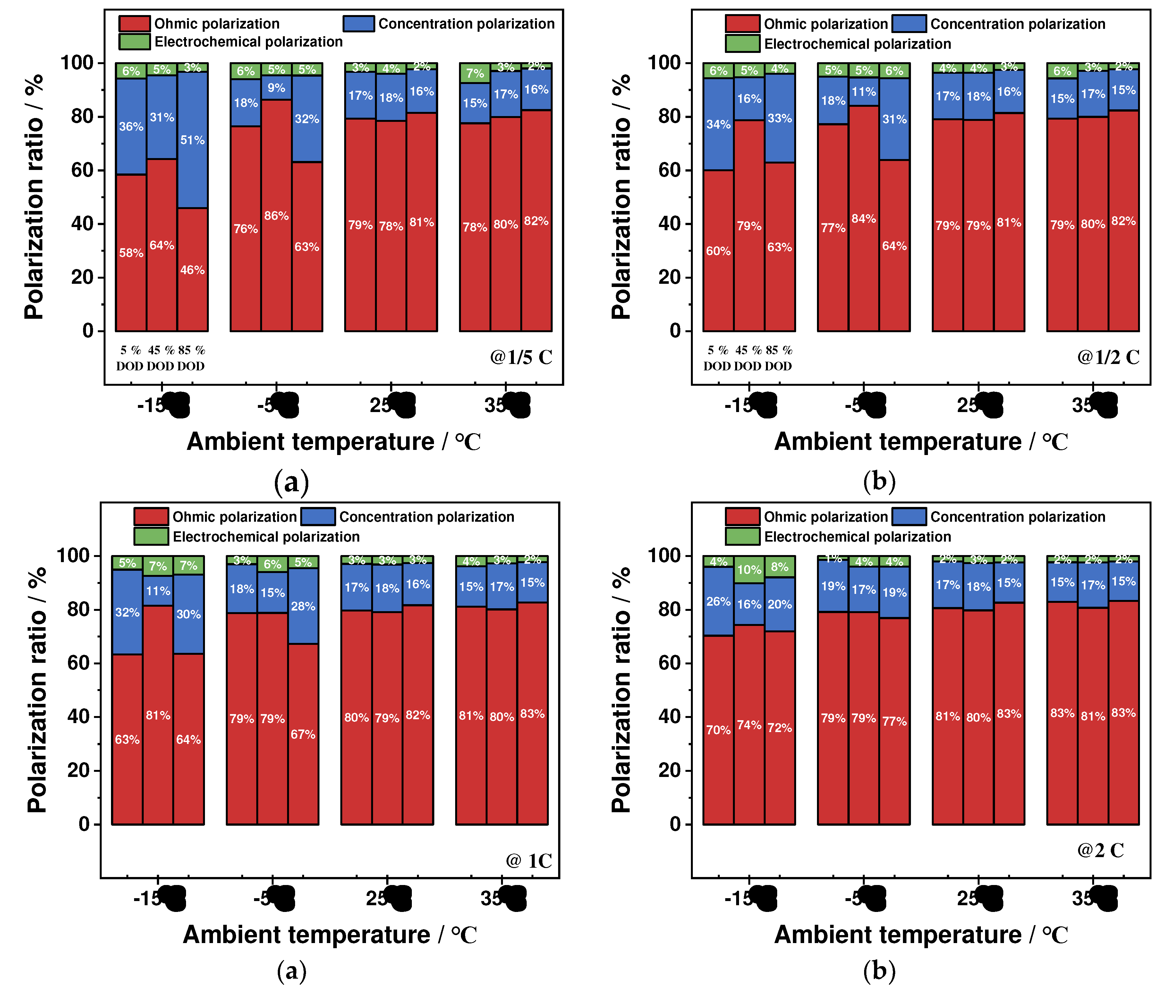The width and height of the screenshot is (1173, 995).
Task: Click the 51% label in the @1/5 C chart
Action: click(192, 140)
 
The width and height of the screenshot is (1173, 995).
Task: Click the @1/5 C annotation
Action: click(521, 357)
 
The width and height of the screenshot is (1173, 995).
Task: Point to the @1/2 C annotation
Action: click(1108, 357)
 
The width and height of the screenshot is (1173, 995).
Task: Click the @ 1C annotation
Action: click(529, 861)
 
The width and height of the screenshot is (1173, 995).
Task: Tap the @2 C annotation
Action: click(1100, 850)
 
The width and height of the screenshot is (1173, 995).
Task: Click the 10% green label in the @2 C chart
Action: click(749, 570)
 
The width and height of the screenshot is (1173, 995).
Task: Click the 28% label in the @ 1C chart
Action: click(303, 606)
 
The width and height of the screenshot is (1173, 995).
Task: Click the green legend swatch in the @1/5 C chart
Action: click(134, 42)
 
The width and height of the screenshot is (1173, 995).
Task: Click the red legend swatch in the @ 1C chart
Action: click(151, 517)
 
